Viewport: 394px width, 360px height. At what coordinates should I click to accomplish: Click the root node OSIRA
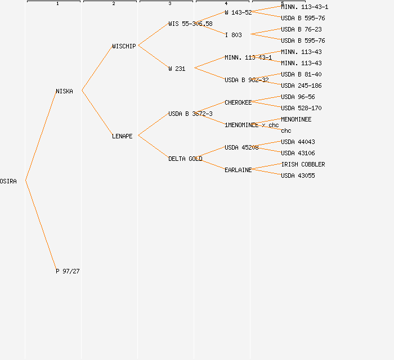pos(8,181)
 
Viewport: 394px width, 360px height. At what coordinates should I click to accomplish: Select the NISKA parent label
pos(64,91)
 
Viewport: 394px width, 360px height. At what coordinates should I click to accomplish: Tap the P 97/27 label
pos(68,271)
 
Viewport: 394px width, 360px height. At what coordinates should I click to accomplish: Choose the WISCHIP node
pos(124,46)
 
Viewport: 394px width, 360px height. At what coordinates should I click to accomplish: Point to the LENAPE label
pos(122,136)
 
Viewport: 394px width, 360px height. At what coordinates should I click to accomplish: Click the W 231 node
pos(177,69)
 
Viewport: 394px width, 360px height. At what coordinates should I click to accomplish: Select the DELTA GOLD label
pos(185,159)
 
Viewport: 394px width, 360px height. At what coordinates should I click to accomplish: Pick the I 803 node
pos(233,35)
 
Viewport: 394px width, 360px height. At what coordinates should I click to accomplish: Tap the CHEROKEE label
pos(238,102)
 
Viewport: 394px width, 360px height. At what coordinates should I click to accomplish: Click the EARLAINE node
pos(238,170)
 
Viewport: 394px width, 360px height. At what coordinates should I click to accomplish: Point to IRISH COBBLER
pos(303,164)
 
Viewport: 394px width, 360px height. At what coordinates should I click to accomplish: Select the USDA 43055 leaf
pos(298,175)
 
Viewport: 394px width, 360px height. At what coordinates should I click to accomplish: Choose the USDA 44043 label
pos(298,142)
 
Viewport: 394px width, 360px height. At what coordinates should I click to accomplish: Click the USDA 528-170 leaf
pos(301,108)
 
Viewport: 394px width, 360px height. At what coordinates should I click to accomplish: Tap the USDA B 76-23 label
pos(301,29)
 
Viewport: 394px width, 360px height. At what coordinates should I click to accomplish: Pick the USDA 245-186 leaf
pos(301,85)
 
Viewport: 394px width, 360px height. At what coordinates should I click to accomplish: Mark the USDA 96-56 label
pos(298,97)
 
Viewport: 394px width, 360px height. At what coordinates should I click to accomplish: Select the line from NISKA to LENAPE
pos(97,113)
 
